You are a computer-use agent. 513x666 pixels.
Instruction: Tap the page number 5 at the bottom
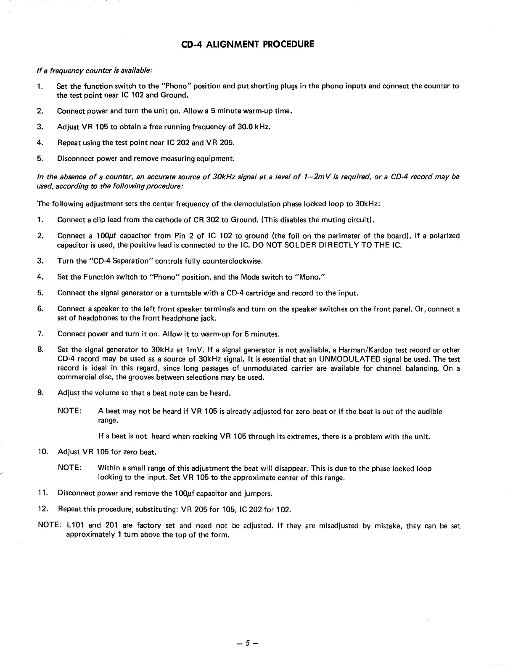[x=248, y=643]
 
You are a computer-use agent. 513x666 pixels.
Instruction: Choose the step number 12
[x=42, y=509]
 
